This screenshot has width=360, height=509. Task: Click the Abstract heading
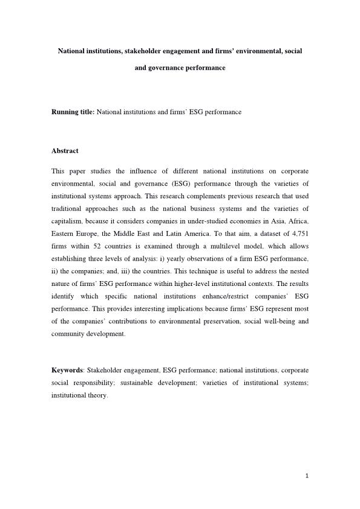tap(65, 151)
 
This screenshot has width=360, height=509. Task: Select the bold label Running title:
tap(73, 112)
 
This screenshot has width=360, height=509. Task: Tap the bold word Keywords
tap(67, 370)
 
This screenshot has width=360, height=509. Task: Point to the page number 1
tap(307, 476)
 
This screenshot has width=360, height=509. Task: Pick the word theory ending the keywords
tap(97, 397)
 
